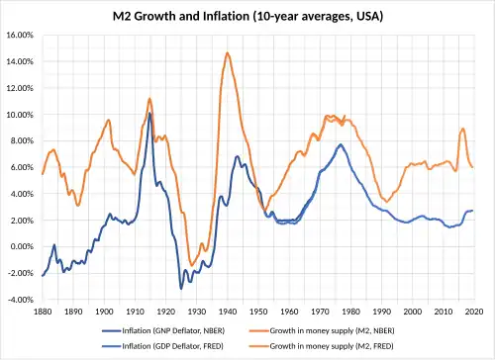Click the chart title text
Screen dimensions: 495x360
click(x=247, y=16)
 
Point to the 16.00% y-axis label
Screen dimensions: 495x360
click(x=20, y=35)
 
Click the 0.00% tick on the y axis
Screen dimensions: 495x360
click(x=22, y=246)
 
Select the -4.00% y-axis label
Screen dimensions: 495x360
click(x=21, y=300)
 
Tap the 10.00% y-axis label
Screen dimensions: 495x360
click(x=20, y=115)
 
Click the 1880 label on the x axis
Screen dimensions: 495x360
click(x=43, y=312)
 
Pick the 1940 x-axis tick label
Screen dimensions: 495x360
click(x=228, y=312)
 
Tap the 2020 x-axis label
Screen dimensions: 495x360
click(x=474, y=312)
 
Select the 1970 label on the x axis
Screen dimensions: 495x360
click(x=320, y=312)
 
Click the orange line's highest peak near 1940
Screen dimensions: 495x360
click(x=228, y=52)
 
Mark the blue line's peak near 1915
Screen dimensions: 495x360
click(x=149, y=114)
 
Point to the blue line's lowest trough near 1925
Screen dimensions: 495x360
click(x=181, y=289)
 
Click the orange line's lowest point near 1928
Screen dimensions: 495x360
click(x=191, y=265)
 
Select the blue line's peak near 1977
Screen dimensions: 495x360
click(x=341, y=144)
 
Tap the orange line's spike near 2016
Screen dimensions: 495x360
click(x=463, y=129)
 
